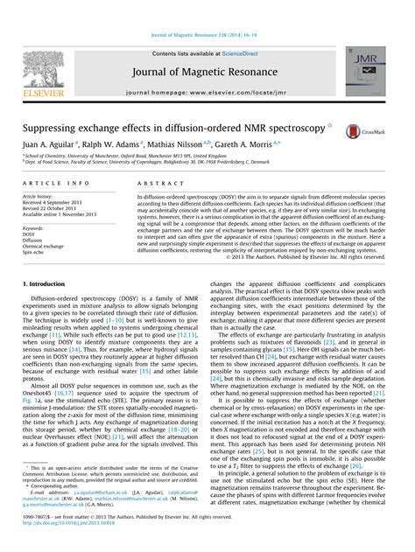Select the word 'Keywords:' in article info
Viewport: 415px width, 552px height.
(x=36, y=228)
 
